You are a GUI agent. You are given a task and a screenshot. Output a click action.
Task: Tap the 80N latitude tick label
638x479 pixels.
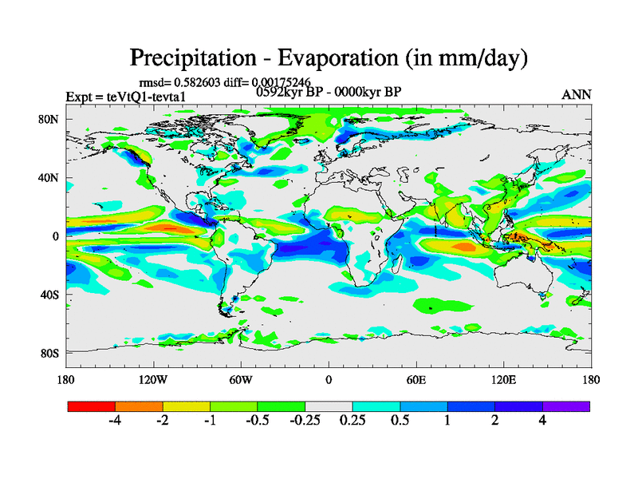(50, 119)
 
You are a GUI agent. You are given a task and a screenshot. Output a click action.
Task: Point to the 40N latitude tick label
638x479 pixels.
(50, 177)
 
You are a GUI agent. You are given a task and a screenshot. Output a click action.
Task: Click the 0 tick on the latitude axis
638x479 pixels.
(56, 236)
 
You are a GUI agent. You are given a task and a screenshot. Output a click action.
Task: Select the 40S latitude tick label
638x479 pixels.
(50, 295)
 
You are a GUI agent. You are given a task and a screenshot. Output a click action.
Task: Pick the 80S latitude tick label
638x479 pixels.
(50, 353)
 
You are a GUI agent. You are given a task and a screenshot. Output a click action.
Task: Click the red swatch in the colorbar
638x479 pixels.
(92, 406)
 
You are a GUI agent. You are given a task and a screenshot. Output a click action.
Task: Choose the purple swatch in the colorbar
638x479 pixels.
(566, 406)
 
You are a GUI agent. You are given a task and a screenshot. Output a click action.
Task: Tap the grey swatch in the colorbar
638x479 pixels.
(329, 406)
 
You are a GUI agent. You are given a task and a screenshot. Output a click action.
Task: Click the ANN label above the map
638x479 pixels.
(577, 94)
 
